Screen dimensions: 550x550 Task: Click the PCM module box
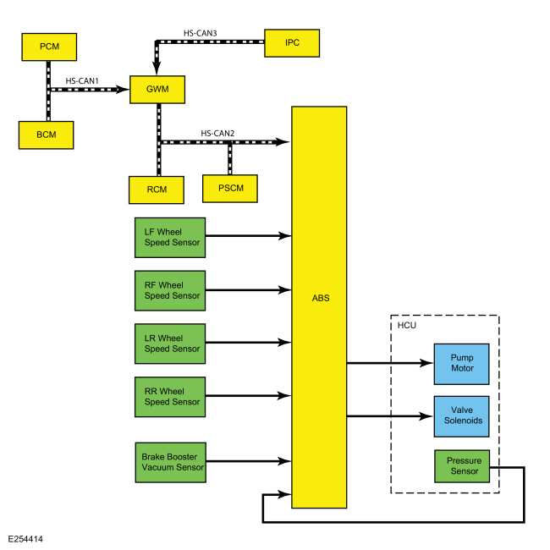(49, 47)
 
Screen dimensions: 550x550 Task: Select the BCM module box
(47, 135)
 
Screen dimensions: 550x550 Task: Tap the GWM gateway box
(157, 90)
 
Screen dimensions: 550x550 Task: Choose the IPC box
(292, 43)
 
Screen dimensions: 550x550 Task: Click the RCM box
(157, 190)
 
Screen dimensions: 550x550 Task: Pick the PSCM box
(230, 189)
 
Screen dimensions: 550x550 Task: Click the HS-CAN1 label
(82, 81)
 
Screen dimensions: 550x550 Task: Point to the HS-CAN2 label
(217, 134)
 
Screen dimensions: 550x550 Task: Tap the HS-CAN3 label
(201, 33)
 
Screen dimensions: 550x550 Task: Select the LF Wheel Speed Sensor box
(170, 238)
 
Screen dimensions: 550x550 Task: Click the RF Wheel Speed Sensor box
(170, 291)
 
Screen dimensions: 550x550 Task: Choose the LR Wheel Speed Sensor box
(170, 344)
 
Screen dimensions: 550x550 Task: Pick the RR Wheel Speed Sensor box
(170, 397)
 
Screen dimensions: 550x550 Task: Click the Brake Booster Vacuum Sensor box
(171, 462)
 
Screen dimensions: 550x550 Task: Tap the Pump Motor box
(462, 364)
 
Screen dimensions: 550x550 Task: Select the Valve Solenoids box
(462, 416)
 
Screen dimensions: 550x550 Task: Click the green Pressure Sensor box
(462, 466)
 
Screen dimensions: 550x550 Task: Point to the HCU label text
(407, 326)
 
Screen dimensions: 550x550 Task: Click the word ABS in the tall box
(321, 298)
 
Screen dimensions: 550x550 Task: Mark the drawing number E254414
(25, 539)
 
